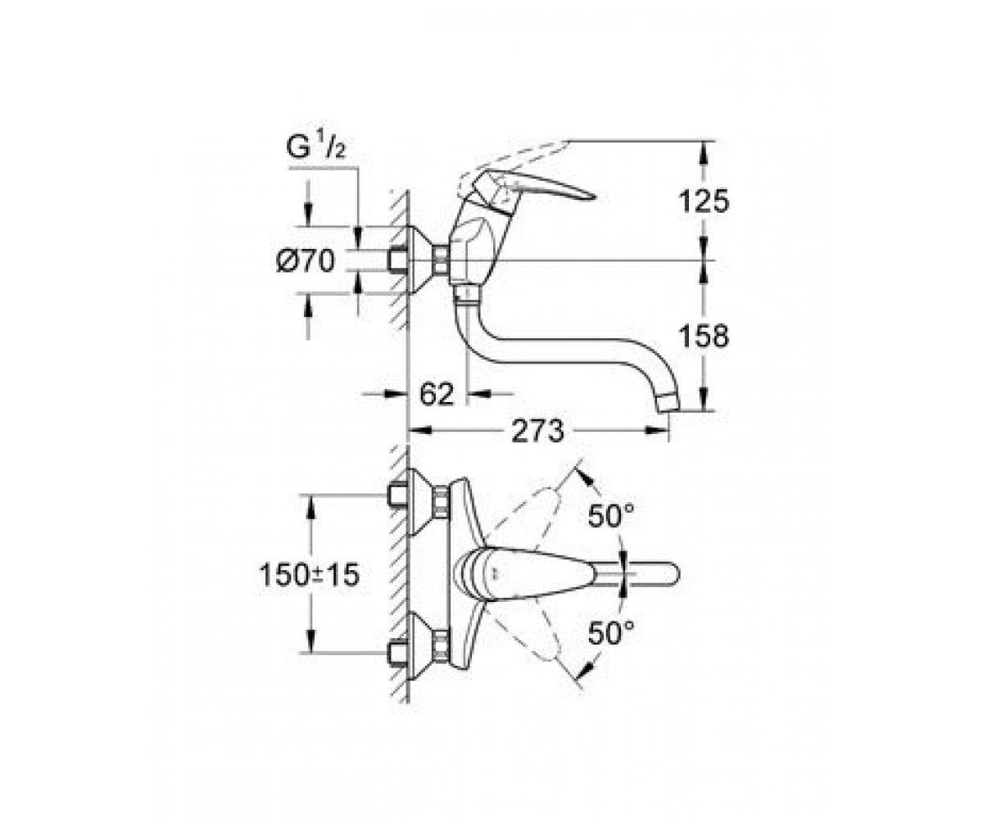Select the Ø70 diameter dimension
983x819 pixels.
tap(306, 260)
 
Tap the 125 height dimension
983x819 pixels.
tap(704, 201)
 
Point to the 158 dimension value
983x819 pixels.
tap(704, 336)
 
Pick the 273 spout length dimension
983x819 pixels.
tap(537, 431)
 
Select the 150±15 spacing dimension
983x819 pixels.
tap(310, 575)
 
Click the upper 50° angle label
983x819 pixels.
tap(611, 515)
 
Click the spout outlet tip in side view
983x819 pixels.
tap(668, 403)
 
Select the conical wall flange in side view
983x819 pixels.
tap(420, 260)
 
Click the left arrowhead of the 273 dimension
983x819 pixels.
tap(418, 430)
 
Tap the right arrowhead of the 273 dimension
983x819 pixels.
tap(657, 430)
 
